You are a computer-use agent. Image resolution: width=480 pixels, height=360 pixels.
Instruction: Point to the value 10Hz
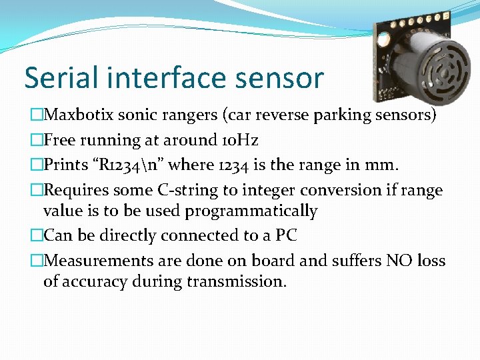click(241, 140)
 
